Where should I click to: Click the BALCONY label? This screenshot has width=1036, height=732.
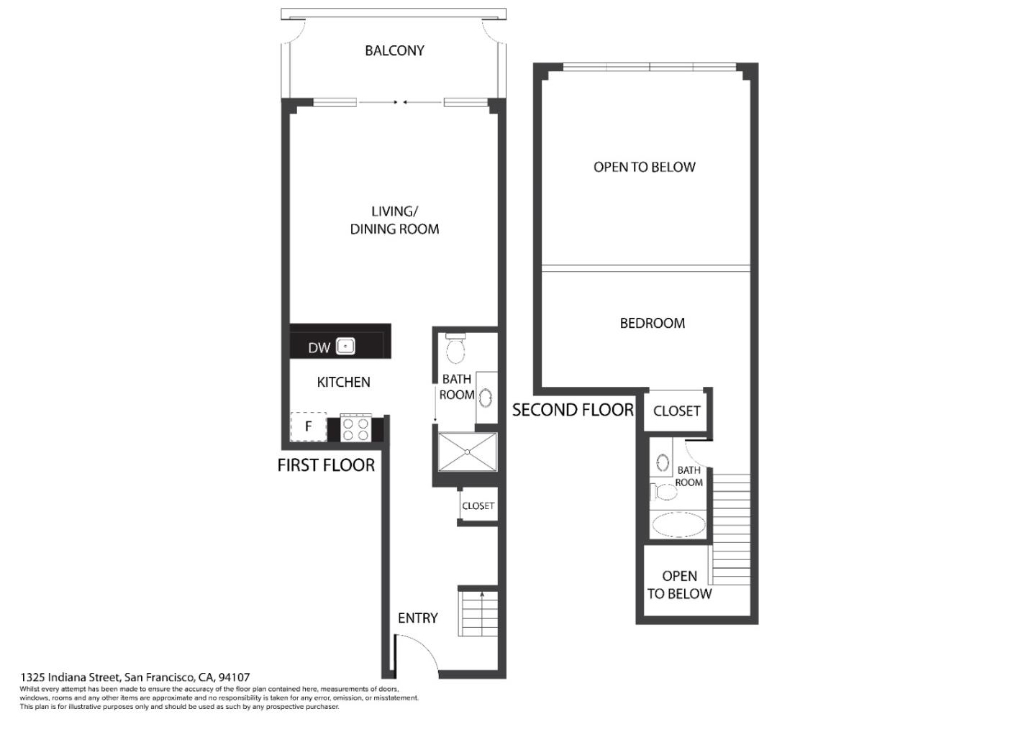point(394,50)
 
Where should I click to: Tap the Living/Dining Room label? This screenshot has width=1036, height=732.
point(394,220)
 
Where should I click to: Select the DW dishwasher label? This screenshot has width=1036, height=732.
point(319,348)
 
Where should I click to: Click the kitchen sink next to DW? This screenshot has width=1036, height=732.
point(346,347)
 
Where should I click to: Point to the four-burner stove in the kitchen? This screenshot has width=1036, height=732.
point(355,429)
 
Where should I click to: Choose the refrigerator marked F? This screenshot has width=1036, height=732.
point(308,426)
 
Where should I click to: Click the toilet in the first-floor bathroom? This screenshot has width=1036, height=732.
point(455,349)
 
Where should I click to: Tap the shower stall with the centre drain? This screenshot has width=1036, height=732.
point(467,452)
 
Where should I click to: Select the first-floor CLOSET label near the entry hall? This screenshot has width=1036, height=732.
point(478,506)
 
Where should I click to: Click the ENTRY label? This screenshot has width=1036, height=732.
point(417,618)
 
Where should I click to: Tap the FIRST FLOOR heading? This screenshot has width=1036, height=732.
point(326,465)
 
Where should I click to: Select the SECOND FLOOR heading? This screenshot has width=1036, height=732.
point(573,410)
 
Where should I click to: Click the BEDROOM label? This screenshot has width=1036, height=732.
point(652,324)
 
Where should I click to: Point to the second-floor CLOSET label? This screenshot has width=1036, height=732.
point(676,411)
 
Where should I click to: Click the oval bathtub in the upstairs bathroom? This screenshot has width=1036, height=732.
point(678,524)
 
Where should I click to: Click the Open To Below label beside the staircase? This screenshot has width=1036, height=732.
point(679,585)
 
